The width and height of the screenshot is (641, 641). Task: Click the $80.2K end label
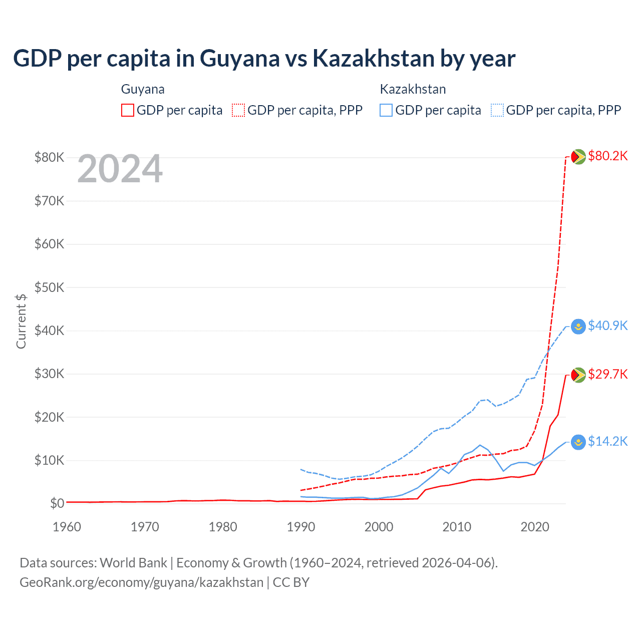pyautogui.click(x=607, y=156)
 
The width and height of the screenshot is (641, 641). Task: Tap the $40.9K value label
pyautogui.click(x=607, y=326)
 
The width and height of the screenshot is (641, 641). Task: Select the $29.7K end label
pyautogui.click(x=607, y=375)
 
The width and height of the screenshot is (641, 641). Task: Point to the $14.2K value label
pyautogui.click(x=607, y=442)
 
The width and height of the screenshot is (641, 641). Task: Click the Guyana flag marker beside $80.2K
pyautogui.click(x=578, y=157)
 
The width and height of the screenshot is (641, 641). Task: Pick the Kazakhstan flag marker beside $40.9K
pyautogui.click(x=578, y=327)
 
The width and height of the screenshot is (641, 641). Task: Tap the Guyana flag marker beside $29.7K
pyautogui.click(x=578, y=375)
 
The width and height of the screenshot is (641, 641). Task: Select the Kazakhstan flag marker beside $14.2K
pyautogui.click(x=578, y=442)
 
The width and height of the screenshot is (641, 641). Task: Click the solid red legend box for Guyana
pyautogui.click(x=128, y=110)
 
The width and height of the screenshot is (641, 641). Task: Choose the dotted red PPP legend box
pyautogui.click(x=238, y=110)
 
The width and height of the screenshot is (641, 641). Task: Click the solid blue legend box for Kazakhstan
pyautogui.click(x=386, y=110)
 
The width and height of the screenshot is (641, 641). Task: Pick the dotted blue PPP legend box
pyautogui.click(x=497, y=110)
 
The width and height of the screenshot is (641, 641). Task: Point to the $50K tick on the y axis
pyautogui.click(x=49, y=287)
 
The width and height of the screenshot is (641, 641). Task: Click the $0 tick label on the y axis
pyautogui.click(x=57, y=503)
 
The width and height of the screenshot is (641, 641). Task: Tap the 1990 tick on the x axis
pyautogui.click(x=300, y=527)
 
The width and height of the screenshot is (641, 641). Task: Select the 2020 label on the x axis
pyautogui.click(x=535, y=527)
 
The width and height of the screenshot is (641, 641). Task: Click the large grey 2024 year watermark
pyautogui.click(x=120, y=169)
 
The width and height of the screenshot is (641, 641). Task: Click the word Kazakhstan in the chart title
pyautogui.click(x=373, y=59)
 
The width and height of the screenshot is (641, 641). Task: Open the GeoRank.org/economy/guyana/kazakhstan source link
pyautogui.click(x=141, y=582)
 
